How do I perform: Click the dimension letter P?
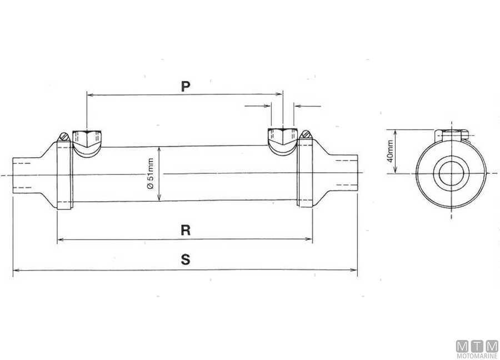click(x=186, y=86)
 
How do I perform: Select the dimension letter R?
click(x=186, y=230)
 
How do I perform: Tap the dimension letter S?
click(x=186, y=259)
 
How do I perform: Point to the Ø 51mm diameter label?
click(x=151, y=174)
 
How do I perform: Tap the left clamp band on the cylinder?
click(x=65, y=175)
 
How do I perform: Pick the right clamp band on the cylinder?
click(x=305, y=173)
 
